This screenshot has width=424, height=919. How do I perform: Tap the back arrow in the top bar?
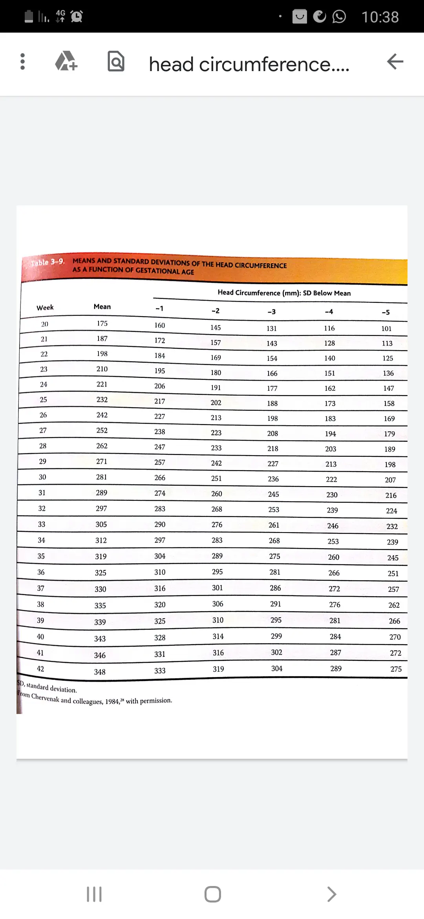pyautogui.click(x=395, y=62)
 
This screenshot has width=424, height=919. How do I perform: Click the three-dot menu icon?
pyautogui.click(x=22, y=62)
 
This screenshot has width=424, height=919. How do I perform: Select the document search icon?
pyautogui.click(x=116, y=62)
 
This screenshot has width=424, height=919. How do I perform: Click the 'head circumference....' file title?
pyautogui.click(x=249, y=64)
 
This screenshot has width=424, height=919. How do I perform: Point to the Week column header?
pyautogui.click(x=45, y=308)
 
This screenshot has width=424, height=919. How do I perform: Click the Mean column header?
pyautogui.click(x=102, y=307)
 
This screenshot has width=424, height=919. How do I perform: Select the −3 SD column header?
pyautogui.click(x=272, y=312)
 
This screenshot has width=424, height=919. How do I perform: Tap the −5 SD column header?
pyautogui.click(x=386, y=313)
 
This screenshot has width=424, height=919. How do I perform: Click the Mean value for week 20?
pyautogui.click(x=102, y=323)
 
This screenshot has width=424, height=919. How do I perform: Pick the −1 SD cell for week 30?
pyautogui.click(x=160, y=478)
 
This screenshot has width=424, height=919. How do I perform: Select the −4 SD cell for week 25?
pyautogui.click(x=330, y=403)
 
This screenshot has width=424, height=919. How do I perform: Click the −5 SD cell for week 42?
pyautogui.click(x=396, y=669)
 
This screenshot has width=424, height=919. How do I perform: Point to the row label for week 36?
pyautogui.click(x=41, y=572)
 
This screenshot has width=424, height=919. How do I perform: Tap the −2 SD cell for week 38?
pyautogui.click(x=218, y=604)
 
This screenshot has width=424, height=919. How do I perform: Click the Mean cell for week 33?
pyautogui.click(x=101, y=524)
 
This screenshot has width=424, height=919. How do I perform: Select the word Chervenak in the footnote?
pyautogui.click(x=45, y=697)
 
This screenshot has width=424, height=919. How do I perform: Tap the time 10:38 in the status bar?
pyautogui.click(x=380, y=17)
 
